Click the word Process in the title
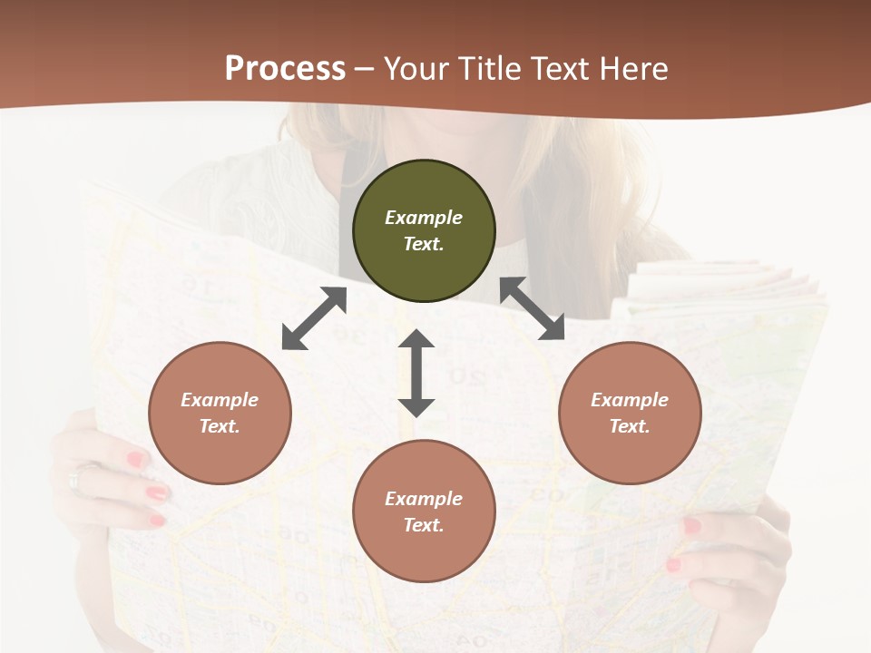(285, 69)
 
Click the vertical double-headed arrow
(416, 373)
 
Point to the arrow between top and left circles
(314, 318)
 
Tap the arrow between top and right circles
(532, 308)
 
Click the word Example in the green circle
(424, 218)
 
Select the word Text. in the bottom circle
(424, 525)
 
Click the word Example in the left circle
(220, 400)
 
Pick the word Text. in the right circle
(630, 426)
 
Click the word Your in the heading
(414, 69)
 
